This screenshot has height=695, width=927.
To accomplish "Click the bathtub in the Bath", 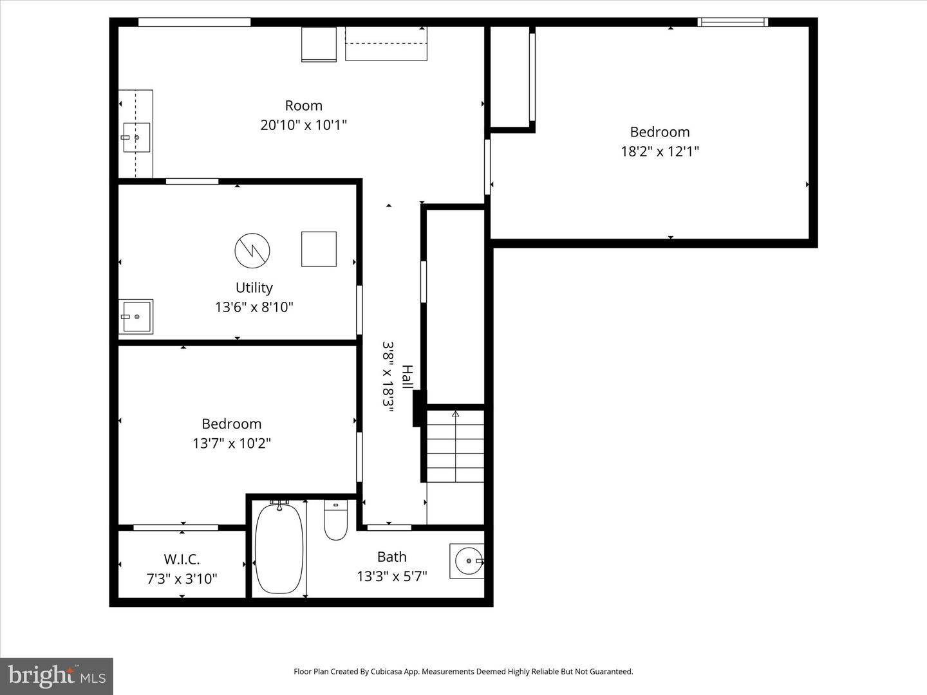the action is click(x=279, y=548).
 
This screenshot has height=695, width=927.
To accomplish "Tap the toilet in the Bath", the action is click(x=336, y=520).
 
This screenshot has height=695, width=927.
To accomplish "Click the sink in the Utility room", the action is click(x=135, y=317).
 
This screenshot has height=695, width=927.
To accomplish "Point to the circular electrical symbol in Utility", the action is click(x=252, y=251).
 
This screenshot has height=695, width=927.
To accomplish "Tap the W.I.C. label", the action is click(x=182, y=559).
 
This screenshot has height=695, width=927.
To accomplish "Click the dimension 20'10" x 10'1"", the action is click(x=303, y=125).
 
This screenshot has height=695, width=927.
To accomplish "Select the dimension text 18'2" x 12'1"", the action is click(x=660, y=151).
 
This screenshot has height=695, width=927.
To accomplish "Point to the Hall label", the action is click(x=407, y=377).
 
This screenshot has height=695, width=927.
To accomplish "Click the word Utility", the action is click(x=254, y=288).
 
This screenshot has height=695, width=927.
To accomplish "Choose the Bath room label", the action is click(x=392, y=557).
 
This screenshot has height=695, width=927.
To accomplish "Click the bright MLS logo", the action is click(x=57, y=676).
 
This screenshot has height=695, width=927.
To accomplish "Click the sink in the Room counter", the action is click(x=136, y=138).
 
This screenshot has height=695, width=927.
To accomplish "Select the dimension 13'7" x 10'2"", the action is click(x=232, y=443).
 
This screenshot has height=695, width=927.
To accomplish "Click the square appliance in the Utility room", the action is click(x=319, y=249).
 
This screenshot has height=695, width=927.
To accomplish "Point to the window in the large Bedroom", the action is click(x=733, y=22).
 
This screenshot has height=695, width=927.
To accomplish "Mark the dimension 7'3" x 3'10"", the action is click(x=182, y=579).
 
